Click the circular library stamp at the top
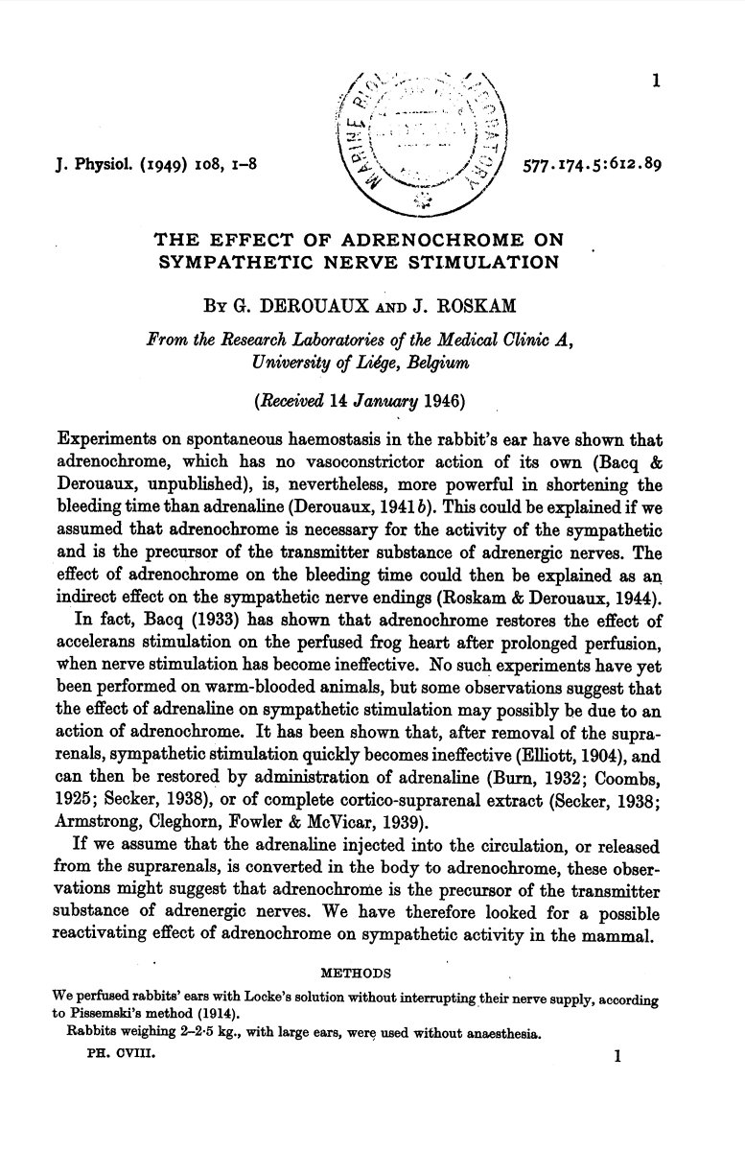pos(425,138)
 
